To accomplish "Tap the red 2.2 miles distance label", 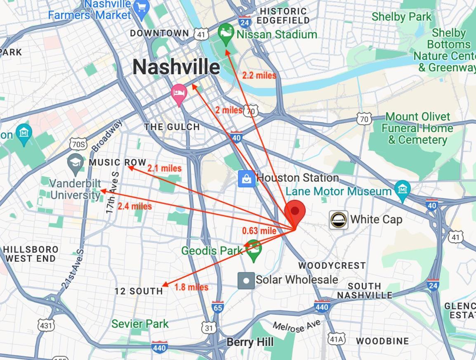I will (x=259, y=76).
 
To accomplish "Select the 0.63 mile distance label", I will (x=259, y=231).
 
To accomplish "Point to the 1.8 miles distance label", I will (x=191, y=287).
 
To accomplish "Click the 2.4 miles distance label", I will (x=134, y=206).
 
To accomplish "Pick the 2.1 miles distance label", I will (x=164, y=168).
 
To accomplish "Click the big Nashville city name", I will (x=176, y=67).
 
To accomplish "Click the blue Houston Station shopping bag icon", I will (x=246, y=179).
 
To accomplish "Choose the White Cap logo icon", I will (x=338, y=220).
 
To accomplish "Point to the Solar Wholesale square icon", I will (x=246, y=281).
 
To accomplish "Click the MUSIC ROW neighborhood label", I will (x=118, y=162).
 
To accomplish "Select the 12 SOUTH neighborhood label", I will (x=139, y=291).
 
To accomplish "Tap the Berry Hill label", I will (x=250, y=342).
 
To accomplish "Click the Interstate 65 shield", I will (x=217, y=307).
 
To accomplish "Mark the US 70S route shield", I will (x=78, y=144).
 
